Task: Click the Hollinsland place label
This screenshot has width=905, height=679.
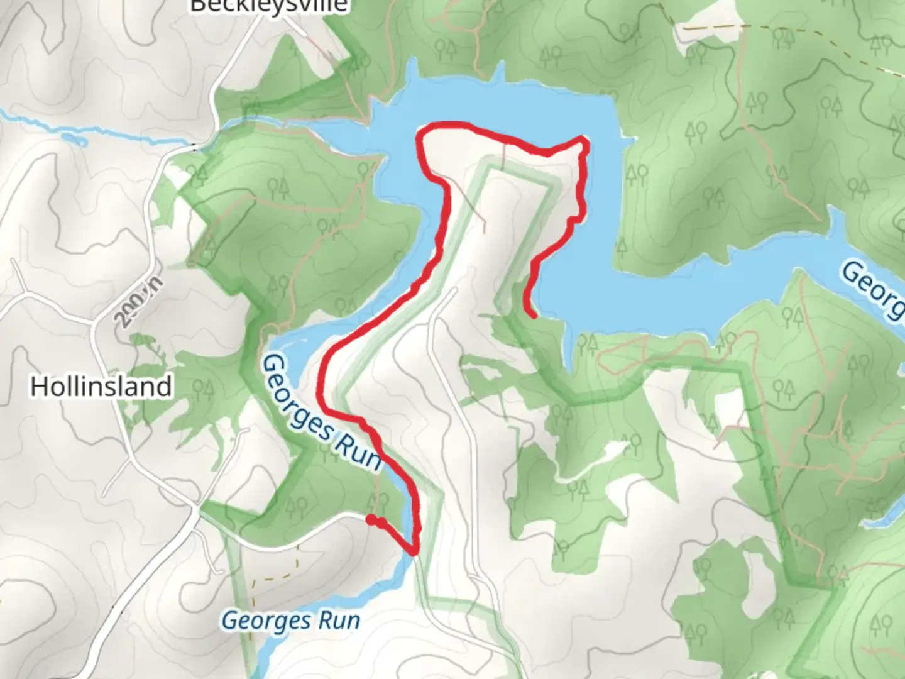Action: [101, 386]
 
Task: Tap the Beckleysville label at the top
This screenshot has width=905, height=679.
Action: [268, 6]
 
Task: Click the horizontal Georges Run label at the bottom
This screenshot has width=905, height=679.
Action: [291, 621]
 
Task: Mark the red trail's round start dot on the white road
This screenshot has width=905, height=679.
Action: [371, 519]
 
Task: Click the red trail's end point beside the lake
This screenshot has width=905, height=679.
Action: [534, 316]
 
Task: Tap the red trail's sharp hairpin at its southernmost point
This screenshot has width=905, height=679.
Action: [414, 553]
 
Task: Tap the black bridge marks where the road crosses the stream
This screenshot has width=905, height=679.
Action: [194, 147]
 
